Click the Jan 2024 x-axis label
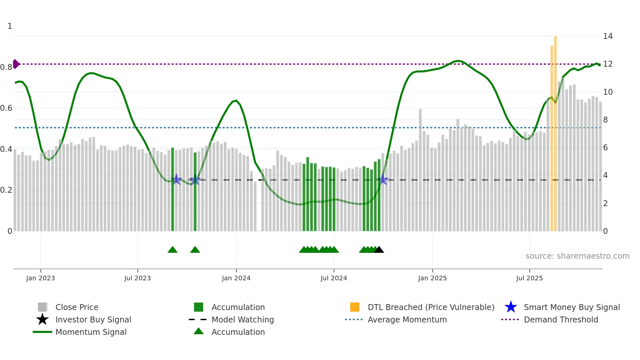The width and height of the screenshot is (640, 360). (236, 278)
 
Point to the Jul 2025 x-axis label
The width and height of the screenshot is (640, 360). (529, 278)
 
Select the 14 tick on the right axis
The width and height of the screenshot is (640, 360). (608, 36)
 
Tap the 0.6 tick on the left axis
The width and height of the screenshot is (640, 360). (6, 108)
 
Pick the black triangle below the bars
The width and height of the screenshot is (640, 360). (379, 250)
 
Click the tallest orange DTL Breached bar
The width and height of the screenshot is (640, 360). (555, 131)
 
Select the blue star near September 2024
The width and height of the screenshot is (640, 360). (383, 180)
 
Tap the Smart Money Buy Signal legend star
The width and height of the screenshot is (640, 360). (511, 307)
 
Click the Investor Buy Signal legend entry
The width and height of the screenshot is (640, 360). (93, 319)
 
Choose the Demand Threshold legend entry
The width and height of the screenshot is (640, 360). (561, 319)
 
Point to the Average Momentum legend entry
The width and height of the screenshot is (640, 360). (407, 319)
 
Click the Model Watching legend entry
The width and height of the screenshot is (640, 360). (242, 319)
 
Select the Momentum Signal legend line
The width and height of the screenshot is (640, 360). (42, 332)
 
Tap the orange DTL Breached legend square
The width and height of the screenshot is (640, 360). (355, 307)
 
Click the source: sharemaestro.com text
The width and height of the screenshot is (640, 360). (577, 256)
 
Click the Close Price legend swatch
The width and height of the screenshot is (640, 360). (42, 307)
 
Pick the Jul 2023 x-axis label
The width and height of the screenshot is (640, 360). (137, 278)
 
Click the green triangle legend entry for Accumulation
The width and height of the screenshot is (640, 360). (199, 332)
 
